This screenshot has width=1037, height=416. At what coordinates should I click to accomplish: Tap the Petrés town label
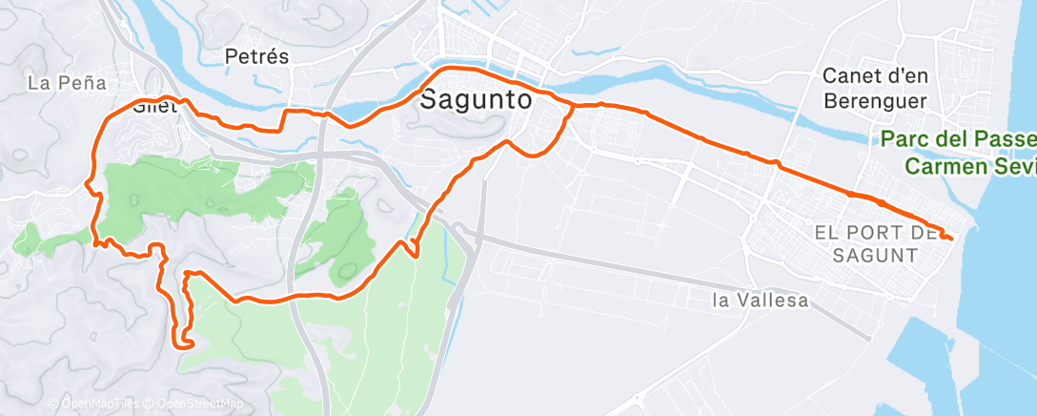(x=256, y=57)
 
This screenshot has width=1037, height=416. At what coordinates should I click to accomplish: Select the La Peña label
(x=66, y=83)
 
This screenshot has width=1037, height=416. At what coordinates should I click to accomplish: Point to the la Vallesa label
(x=761, y=302)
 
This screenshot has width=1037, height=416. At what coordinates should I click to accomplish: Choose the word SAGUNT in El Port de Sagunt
(x=874, y=256)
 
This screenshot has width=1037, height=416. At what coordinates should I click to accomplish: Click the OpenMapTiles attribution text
(x=92, y=405)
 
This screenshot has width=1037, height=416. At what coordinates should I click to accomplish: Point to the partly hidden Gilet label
(x=155, y=107)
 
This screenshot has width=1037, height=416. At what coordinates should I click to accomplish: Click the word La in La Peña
(x=39, y=83)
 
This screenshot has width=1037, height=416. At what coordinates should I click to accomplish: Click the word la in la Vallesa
(x=722, y=302)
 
